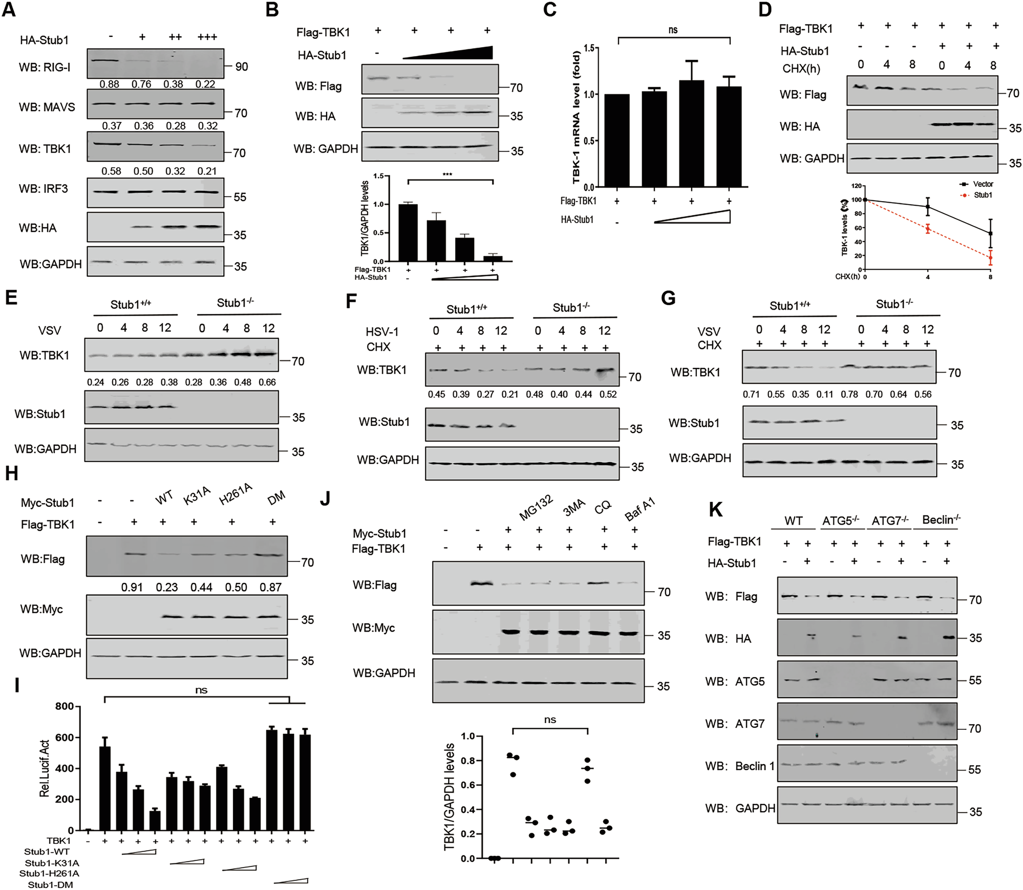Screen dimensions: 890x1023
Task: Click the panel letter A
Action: tap(9, 10)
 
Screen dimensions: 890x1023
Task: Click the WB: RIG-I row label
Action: tap(45, 67)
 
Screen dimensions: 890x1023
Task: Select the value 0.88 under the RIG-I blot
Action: tap(110, 84)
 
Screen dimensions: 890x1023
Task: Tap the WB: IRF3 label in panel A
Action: tap(44, 189)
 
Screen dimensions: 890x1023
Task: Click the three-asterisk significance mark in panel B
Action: tap(447, 175)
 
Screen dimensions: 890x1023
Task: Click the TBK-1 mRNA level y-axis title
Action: tap(577, 117)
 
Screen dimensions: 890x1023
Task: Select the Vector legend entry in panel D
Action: tap(979, 184)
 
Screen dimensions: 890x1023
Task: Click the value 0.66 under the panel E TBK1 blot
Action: tap(267, 382)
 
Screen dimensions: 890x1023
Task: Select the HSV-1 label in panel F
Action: tap(382, 332)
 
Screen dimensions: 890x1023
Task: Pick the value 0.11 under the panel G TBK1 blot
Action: tap(824, 395)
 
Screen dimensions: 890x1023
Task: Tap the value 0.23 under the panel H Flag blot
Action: tap(166, 588)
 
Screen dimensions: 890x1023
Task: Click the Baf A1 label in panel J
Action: tap(640, 510)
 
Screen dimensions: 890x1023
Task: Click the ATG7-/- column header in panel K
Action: tap(890, 521)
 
